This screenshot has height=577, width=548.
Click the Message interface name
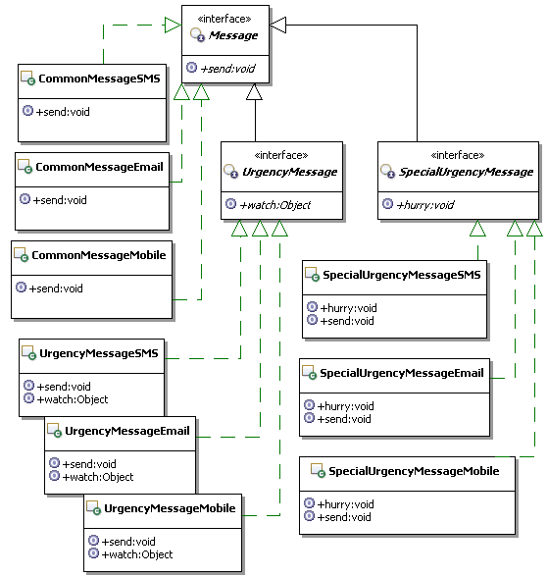[x=233, y=35]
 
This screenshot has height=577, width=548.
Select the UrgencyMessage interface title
[x=289, y=172]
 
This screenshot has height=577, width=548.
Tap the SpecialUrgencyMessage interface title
[x=466, y=172]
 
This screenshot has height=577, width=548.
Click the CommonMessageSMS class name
[x=99, y=79]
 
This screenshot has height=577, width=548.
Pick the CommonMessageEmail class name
[x=99, y=167]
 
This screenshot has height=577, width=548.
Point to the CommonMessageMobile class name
[x=98, y=255]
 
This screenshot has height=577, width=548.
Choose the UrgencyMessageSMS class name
[x=98, y=353]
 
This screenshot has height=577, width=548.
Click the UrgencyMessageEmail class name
[x=127, y=431]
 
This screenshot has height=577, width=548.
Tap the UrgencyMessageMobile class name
[x=170, y=508]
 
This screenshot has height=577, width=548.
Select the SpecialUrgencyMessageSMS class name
[x=402, y=275]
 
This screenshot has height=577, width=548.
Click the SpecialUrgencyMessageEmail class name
[x=402, y=373]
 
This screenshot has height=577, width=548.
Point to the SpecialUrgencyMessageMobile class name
[x=414, y=471]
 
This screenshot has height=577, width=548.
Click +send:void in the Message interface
[x=227, y=69]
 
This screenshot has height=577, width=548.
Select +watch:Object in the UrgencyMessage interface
[x=274, y=205]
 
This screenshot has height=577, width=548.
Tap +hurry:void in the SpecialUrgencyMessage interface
[x=425, y=204]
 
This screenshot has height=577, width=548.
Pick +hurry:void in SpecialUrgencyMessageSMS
[x=348, y=308]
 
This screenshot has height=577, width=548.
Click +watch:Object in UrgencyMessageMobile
[x=137, y=554]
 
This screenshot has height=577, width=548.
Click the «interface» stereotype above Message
[x=224, y=19]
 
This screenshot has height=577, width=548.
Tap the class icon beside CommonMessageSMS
[x=27, y=78]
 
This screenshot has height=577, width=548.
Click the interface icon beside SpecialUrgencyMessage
[x=387, y=171]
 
